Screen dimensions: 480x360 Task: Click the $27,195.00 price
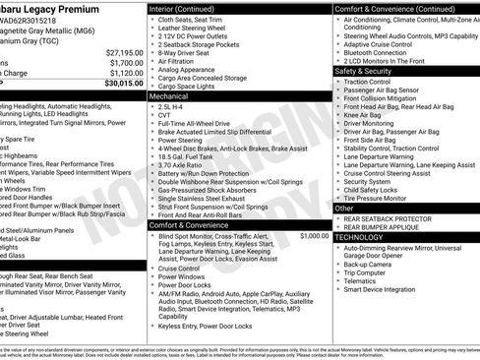(119, 52)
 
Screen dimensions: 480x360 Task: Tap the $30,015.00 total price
(118, 84)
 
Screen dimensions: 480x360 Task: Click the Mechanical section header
(169, 98)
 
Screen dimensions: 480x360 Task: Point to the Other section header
(344, 209)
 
